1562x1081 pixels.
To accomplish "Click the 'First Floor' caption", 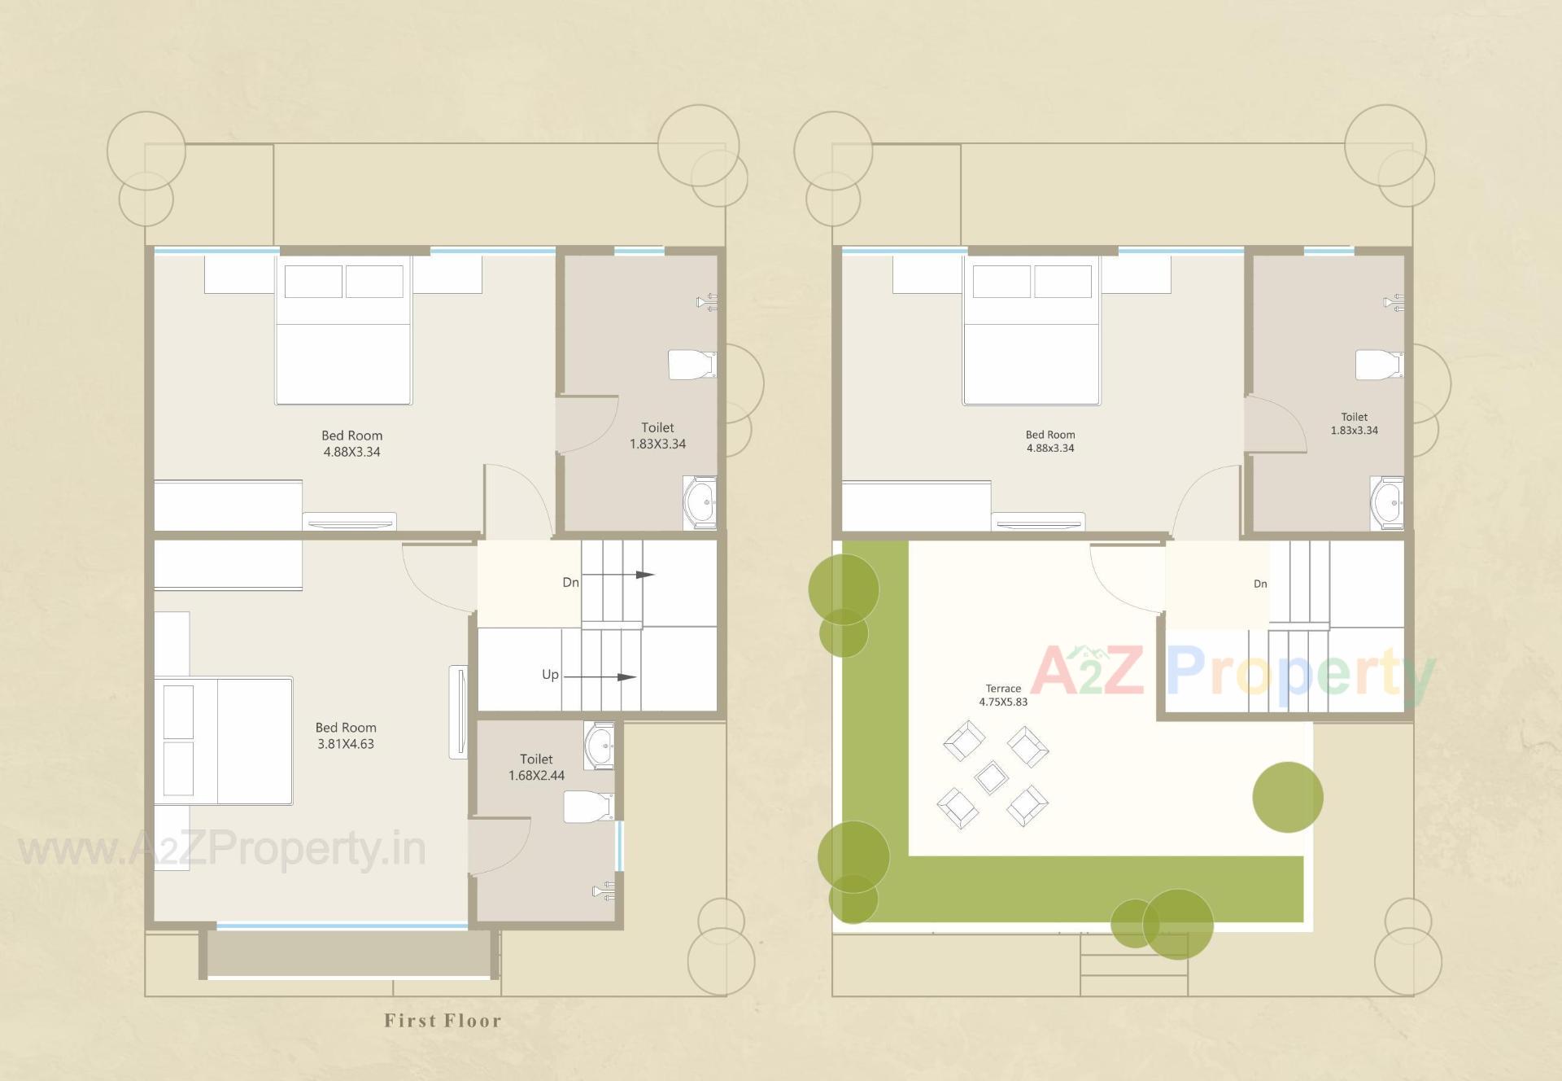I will pyautogui.click(x=443, y=1021).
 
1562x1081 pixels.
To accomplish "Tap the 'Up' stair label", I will pyautogui.click(x=550, y=675).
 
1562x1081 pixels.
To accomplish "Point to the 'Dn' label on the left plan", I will pyautogui.click(x=570, y=582).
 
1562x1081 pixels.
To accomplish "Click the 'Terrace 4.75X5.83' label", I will pyautogui.click(x=1003, y=695).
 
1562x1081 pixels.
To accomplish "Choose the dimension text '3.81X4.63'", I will pyautogui.click(x=346, y=744).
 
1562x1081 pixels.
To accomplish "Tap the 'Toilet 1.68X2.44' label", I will pyautogui.click(x=536, y=767).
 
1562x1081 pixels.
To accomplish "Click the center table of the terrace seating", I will pyautogui.click(x=991, y=777).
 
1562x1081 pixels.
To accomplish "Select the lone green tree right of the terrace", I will pyautogui.click(x=1287, y=797).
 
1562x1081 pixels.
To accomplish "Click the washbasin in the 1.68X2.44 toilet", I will pyautogui.click(x=600, y=744).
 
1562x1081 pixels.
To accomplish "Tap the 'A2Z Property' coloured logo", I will pyautogui.click(x=1232, y=673).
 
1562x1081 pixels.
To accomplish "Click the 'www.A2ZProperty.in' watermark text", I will pyautogui.click(x=222, y=850).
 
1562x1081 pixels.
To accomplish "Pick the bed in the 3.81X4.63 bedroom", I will pyautogui.click(x=224, y=741).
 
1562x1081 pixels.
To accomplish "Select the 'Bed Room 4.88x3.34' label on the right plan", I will pyautogui.click(x=1049, y=441).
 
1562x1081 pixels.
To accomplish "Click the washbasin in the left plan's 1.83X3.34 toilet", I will pyautogui.click(x=699, y=502).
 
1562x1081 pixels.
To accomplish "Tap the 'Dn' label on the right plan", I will pyautogui.click(x=1260, y=584).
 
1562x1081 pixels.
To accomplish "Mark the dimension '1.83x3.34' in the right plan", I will pyautogui.click(x=1354, y=431).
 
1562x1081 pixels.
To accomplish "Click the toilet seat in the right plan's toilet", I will pyautogui.click(x=1378, y=365).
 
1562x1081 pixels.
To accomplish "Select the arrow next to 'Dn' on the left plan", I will pyautogui.click(x=618, y=575).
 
